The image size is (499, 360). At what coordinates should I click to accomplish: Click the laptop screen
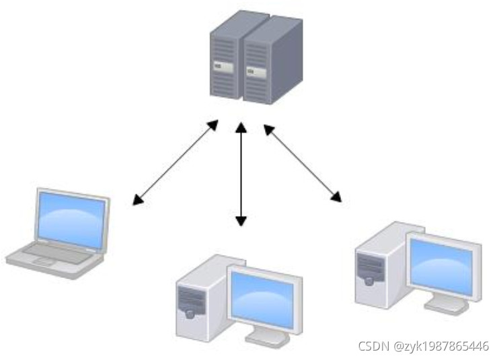[x=71, y=218]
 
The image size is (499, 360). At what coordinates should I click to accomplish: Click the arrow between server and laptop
[x=175, y=161]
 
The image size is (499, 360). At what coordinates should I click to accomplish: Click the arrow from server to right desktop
[x=303, y=162]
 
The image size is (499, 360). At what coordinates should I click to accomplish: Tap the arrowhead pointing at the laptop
[x=137, y=200]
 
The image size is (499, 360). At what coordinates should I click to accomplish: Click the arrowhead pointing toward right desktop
[x=336, y=196]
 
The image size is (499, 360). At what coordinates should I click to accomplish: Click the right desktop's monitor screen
[x=443, y=266]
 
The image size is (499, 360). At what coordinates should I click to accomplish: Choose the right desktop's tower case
[x=377, y=266]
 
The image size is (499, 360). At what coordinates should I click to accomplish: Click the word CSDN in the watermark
[x=375, y=347]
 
